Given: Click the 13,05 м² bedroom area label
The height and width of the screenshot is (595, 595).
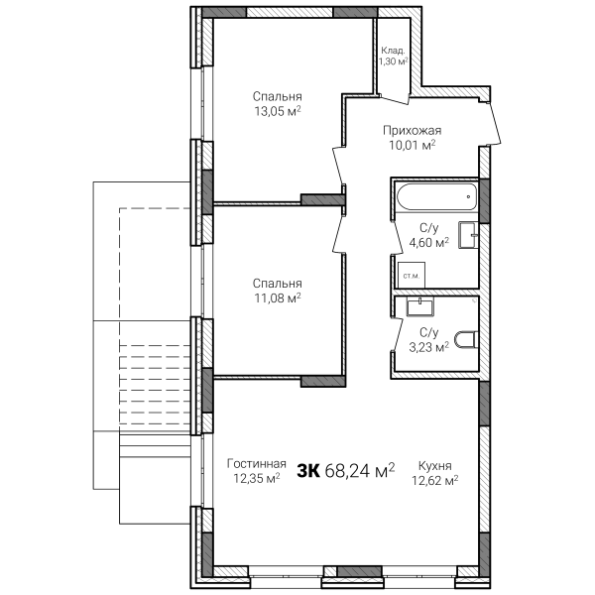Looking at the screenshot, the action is [278, 111].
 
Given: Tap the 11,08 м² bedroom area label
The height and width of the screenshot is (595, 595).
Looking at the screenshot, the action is [278, 298].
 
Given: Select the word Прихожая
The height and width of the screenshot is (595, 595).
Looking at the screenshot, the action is [413, 131].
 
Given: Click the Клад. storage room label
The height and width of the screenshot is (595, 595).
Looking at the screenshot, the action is [393, 51].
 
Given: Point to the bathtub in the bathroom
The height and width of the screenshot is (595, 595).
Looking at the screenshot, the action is [436, 196].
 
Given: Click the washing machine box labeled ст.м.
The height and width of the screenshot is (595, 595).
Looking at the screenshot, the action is [412, 275].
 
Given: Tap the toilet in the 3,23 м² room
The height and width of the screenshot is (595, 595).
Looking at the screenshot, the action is [466, 339].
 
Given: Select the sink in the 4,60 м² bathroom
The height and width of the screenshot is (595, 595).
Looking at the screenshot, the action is [468, 235].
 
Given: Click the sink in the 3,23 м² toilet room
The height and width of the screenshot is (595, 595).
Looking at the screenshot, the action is [420, 306].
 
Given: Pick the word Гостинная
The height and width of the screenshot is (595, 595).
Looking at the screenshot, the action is [257, 464].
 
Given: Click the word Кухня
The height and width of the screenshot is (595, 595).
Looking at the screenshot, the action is [435, 466].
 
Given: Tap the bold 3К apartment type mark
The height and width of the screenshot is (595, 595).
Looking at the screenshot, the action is [307, 471].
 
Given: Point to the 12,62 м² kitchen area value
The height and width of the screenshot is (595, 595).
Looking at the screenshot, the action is [435, 481].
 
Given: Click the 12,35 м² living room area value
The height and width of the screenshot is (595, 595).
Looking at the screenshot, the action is [257, 479].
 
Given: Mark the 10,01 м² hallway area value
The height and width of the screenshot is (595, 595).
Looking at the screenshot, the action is [413, 145].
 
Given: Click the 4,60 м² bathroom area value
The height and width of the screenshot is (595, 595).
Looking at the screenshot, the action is [429, 243].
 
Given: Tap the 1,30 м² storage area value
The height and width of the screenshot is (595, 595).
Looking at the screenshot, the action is [393, 61].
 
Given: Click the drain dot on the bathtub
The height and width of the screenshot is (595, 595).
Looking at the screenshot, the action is [469, 196].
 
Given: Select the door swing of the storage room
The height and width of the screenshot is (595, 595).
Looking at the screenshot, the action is [395, 100].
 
